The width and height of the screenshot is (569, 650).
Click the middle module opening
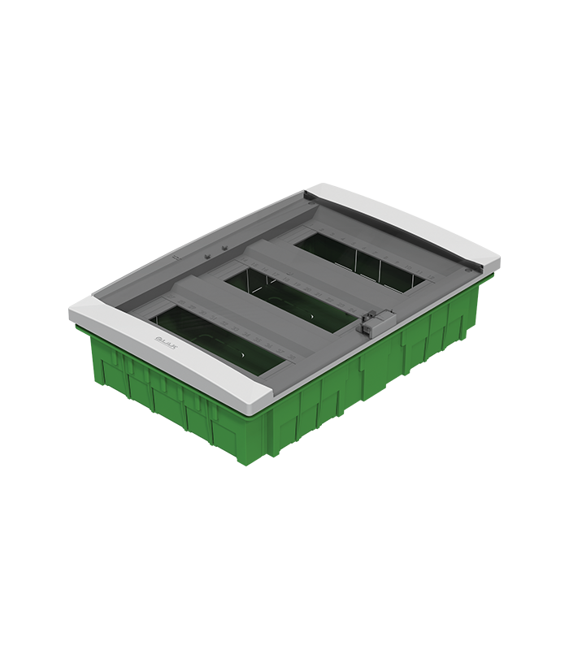click(293, 296)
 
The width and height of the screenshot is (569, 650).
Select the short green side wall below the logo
click(154, 390)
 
